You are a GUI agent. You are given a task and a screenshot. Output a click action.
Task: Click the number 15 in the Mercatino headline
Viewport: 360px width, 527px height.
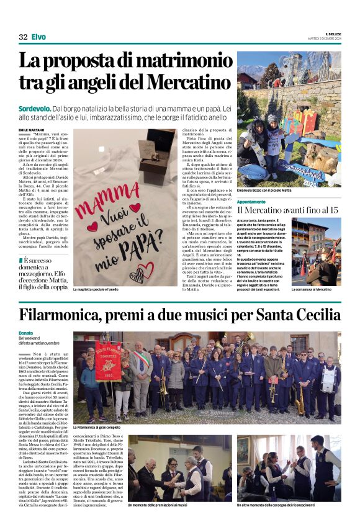(x=333, y=211)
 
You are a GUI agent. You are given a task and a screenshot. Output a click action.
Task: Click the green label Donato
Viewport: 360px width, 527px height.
(x=26, y=333)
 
